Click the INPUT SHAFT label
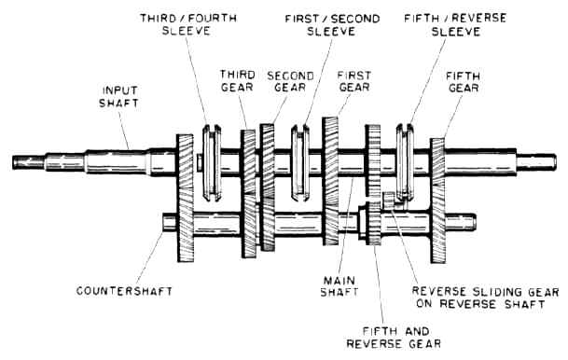(118, 97)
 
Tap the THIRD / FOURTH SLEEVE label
(188, 24)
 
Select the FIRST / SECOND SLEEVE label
(332, 24)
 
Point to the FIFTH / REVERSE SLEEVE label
(455, 24)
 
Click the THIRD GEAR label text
(238, 81)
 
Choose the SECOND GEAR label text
(290, 81)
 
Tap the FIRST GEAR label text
(353, 81)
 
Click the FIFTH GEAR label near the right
(464, 82)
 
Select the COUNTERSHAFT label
(124, 291)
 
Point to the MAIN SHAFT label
(339, 286)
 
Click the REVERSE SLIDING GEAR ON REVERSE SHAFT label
(485, 298)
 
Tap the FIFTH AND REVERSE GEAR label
(394, 338)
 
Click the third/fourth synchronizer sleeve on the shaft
(212, 162)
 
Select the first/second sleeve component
(300, 162)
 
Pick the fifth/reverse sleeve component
(405, 162)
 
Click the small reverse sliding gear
(388, 201)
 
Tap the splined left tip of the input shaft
(28, 162)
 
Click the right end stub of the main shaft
(536, 162)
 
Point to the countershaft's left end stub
(170, 222)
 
